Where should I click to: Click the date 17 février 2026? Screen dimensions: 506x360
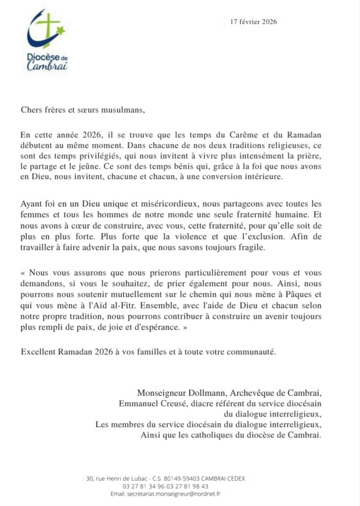254,22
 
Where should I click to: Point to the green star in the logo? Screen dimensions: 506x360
61,32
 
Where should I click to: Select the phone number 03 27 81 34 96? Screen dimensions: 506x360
147,486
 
